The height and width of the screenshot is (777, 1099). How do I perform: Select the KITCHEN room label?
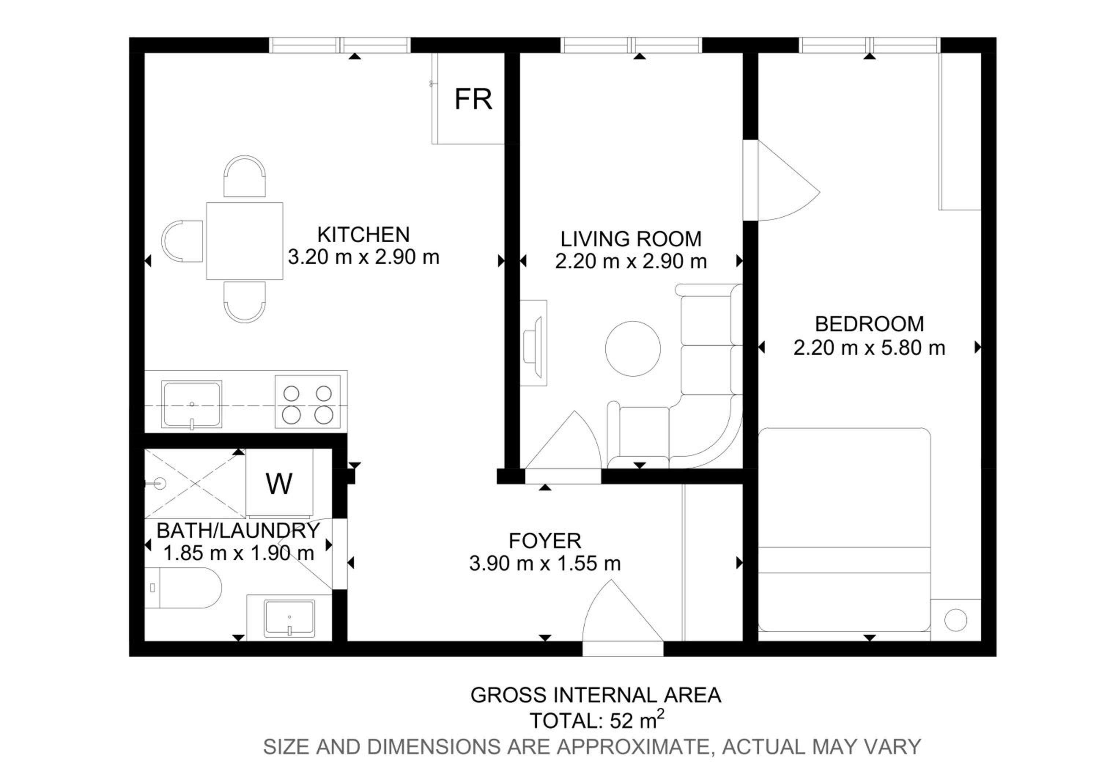[x=363, y=235]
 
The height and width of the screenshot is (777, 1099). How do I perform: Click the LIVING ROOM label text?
[x=631, y=239]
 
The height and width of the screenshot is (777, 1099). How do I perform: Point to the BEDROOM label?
[x=869, y=324]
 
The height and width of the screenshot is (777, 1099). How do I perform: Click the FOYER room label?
[x=545, y=541]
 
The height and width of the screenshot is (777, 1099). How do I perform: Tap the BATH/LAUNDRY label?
[x=238, y=530]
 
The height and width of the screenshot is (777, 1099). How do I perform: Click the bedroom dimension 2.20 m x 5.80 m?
[x=869, y=347]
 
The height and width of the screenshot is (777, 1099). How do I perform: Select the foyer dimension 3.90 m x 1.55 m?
[x=545, y=563]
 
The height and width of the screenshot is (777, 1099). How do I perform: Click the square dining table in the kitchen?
[x=245, y=241]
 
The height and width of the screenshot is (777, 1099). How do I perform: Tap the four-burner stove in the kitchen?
[x=308, y=401]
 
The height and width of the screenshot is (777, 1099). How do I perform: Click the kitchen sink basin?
[x=192, y=404]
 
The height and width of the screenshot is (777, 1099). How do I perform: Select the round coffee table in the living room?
[x=633, y=349]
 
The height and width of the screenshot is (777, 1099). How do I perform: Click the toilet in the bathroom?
[x=183, y=588]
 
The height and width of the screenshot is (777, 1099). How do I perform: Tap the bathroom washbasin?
[x=290, y=619]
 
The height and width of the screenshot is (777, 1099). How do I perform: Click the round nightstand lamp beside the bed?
[x=955, y=621]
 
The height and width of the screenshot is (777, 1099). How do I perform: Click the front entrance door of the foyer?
[x=623, y=618]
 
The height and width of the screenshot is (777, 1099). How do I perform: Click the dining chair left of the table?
[x=182, y=241]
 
